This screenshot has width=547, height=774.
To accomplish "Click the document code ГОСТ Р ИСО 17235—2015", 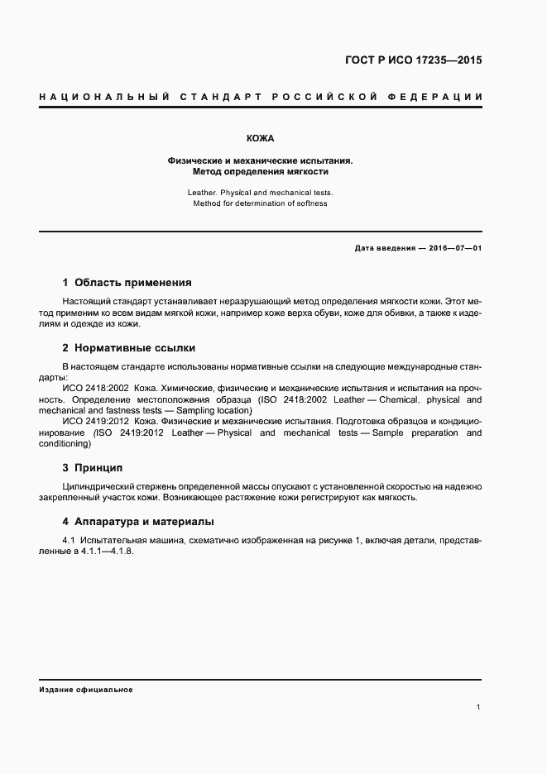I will click(x=413, y=60).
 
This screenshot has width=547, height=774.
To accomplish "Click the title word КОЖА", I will click(x=260, y=138).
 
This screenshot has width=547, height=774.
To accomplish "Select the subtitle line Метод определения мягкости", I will click(x=260, y=172).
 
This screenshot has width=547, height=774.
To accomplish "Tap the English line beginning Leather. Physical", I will click(x=260, y=192).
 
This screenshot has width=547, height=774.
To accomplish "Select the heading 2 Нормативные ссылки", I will click(x=129, y=347).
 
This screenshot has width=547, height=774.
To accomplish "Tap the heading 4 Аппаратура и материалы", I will click(x=138, y=522).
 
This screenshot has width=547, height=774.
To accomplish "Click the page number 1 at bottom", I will click(x=478, y=707).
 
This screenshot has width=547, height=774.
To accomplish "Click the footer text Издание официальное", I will click(x=85, y=689).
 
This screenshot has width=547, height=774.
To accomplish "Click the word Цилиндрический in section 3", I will click(x=100, y=486).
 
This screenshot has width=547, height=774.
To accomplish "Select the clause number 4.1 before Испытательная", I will click(x=70, y=540).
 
